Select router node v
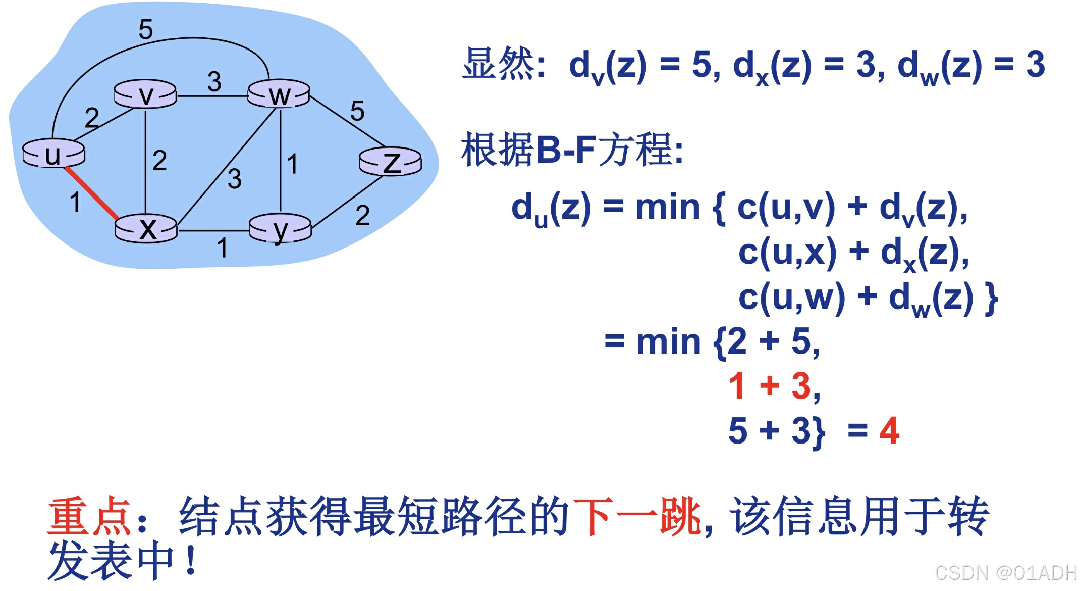click(145, 94)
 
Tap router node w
click(279, 94)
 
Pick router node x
click(146, 229)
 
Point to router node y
click(281, 229)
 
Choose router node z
click(391, 162)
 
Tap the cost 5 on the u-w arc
click(145, 29)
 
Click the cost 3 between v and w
click(214, 81)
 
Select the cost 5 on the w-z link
click(357, 111)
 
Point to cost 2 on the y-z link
click(362, 215)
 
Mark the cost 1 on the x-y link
click(222, 248)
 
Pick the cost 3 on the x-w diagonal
click(234, 179)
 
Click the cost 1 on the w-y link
click(292, 164)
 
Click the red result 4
click(889, 431)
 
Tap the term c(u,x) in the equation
click(787, 252)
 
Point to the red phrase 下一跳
click(637, 516)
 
